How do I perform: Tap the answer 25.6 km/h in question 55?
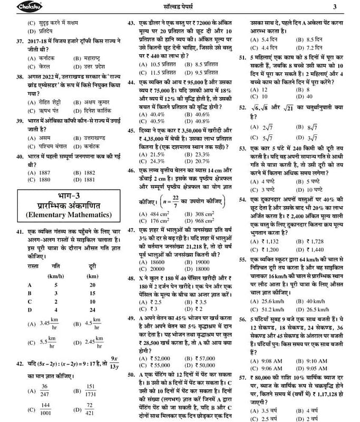(267, 301)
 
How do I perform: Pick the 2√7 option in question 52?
(267, 127)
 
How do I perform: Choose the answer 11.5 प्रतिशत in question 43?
(155, 72)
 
